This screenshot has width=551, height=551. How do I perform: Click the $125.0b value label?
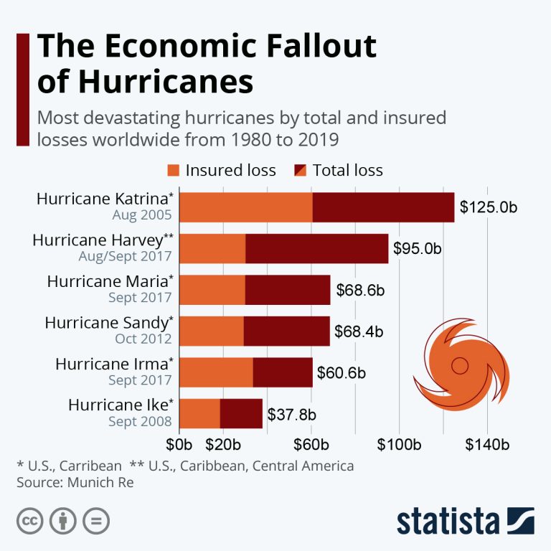click(489, 208)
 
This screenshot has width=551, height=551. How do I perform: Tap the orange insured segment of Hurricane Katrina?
click(245, 207)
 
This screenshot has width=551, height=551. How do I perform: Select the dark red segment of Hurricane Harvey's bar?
click(316, 248)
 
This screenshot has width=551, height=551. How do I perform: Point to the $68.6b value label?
click(361, 290)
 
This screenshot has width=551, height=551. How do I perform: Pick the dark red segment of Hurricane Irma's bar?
click(283, 372)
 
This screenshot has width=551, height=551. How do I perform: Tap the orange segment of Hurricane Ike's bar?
click(199, 413)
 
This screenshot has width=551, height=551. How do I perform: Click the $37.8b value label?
click(292, 414)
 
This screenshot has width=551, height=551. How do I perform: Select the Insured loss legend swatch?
click(174, 170)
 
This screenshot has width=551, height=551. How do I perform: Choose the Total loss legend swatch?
click(301, 170)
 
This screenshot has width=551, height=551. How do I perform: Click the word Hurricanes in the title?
click(166, 81)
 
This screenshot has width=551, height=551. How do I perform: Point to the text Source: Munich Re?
click(75, 482)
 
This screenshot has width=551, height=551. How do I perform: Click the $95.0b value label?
click(417, 249)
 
